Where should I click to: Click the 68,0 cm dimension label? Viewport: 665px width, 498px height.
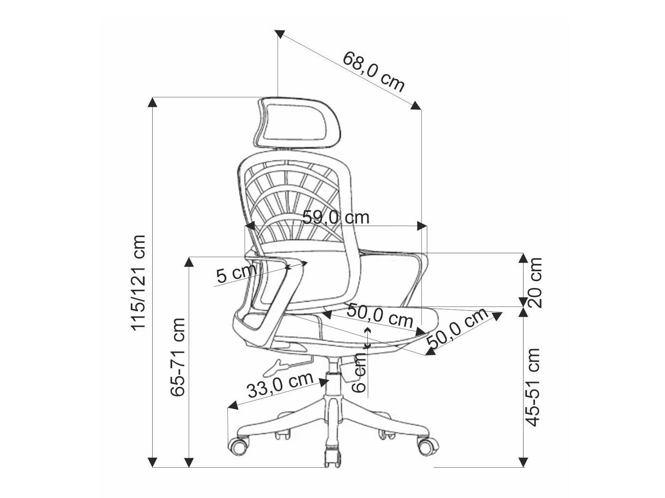click(x=374, y=72)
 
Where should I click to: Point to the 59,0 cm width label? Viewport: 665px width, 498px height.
click(x=336, y=218)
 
